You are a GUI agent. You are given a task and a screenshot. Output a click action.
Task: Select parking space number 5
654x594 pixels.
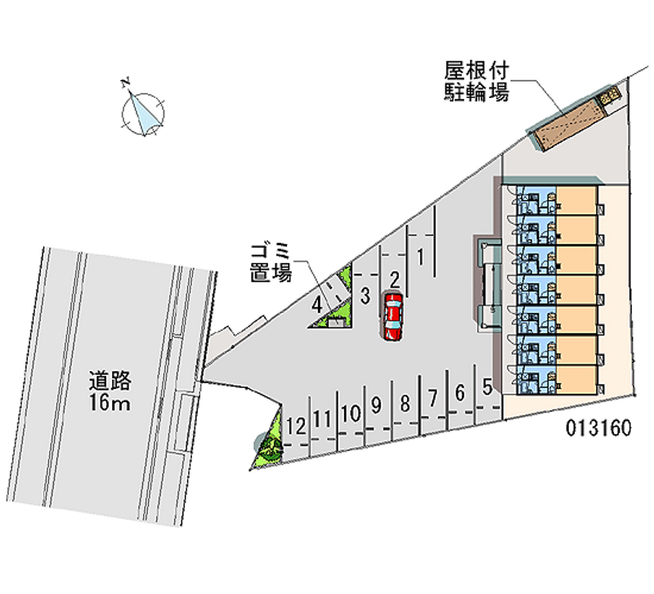point(487,386)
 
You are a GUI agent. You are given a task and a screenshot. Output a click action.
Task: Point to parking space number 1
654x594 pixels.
point(419,257)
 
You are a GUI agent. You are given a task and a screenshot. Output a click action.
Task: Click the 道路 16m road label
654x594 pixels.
point(111,391)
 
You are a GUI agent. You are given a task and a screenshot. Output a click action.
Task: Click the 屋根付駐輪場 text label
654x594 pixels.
point(477,81)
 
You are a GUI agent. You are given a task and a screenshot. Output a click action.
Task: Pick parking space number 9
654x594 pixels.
point(377,404)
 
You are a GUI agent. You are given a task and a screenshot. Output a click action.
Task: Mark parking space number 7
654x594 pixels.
point(432,398)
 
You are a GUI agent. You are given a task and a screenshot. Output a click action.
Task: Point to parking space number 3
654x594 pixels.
point(366,294)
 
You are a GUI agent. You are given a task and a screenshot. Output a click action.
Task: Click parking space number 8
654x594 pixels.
point(405,402)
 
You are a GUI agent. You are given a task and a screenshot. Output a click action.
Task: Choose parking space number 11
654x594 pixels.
point(323,419)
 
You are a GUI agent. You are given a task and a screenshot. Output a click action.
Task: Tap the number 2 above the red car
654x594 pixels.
point(393,279)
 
